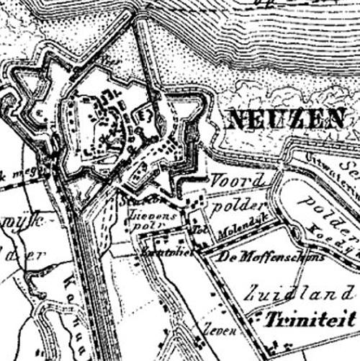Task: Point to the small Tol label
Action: [199, 230]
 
